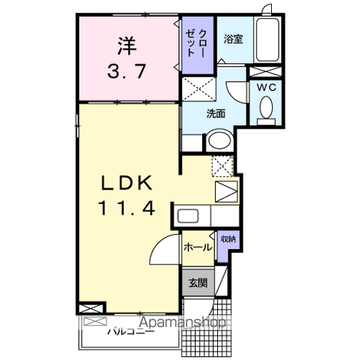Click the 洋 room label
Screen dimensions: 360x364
point(125,44)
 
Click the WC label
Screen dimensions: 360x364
point(266,87)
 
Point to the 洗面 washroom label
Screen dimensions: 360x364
point(216,113)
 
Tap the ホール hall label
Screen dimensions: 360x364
point(196,245)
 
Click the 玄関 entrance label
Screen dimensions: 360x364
point(198,283)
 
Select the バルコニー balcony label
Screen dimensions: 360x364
point(130,331)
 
